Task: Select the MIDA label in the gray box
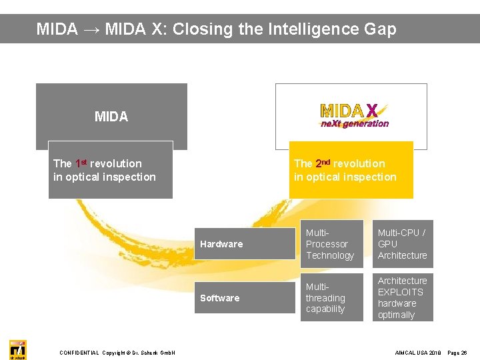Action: pyautogui.click(x=111, y=117)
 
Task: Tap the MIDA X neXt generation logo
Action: pyautogui.click(x=353, y=115)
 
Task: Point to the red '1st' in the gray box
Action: pyautogui.click(x=81, y=163)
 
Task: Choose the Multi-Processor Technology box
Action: pyautogui.click(x=331, y=244)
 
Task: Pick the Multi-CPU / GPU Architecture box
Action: pyautogui.click(x=403, y=244)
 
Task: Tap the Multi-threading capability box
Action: pyautogui.click(x=331, y=297)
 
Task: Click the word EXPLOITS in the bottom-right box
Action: pyautogui.click(x=400, y=292)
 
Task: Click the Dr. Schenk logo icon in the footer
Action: pyautogui.click(x=18, y=349)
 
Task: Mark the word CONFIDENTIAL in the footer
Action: pyautogui.click(x=79, y=353)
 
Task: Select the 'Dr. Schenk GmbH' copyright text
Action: pyautogui.click(x=153, y=353)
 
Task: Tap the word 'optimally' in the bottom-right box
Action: pyautogui.click(x=396, y=315)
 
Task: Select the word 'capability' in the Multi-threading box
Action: pyautogui.click(x=325, y=309)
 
